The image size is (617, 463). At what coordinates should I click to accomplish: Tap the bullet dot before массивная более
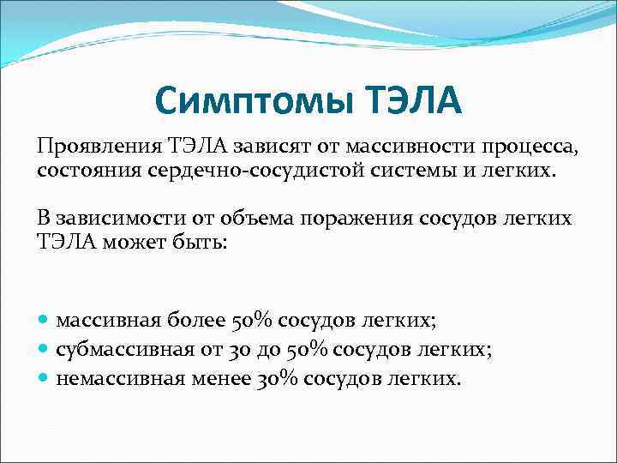(44, 321)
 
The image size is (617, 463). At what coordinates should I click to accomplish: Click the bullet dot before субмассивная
(44, 350)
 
